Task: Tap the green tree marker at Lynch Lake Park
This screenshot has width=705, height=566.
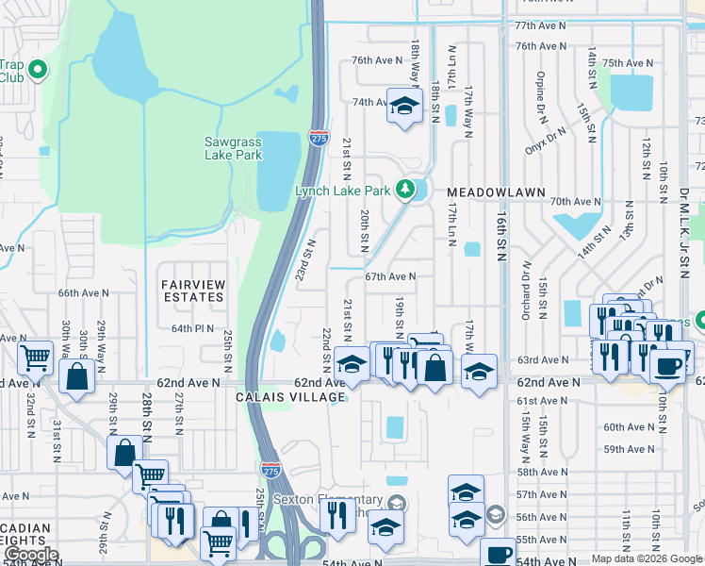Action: pos(406,190)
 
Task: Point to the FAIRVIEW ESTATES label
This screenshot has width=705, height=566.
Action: pos(192,291)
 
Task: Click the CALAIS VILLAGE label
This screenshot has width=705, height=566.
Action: pos(290,398)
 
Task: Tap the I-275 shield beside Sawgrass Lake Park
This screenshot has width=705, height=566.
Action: pos(319,138)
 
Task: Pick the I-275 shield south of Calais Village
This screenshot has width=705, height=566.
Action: pos(271,469)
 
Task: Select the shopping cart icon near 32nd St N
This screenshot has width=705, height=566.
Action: pos(35,358)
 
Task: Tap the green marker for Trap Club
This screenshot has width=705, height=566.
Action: pos(38,70)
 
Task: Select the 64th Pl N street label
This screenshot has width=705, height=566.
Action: pos(193,328)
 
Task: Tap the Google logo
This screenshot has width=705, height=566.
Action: pos(31,556)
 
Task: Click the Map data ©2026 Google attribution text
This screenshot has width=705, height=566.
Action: pos(646,559)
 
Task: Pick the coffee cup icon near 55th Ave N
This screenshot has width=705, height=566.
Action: pos(498,555)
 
